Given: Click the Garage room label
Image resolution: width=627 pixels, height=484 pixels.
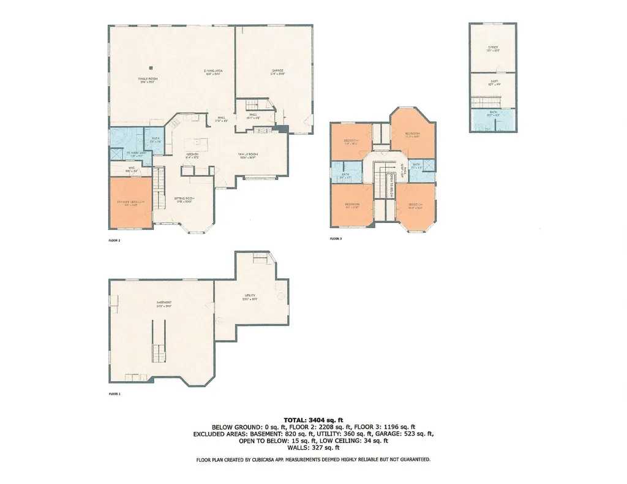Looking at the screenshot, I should click(x=278, y=71).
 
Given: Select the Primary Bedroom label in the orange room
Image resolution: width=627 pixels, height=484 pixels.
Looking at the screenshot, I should click(x=130, y=202).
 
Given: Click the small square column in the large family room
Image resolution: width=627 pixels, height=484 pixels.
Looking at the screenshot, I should click(x=151, y=67).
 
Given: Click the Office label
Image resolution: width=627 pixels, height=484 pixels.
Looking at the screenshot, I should click(x=492, y=47).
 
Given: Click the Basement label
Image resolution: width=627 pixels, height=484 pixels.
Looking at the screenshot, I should click(x=163, y=303).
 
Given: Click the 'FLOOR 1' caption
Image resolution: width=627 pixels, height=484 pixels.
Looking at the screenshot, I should click(x=115, y=394).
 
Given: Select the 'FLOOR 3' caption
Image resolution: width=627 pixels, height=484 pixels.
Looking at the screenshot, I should click(x=336, y=238).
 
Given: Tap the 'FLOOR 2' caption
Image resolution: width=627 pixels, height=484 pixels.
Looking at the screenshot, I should click(x=115, y=240).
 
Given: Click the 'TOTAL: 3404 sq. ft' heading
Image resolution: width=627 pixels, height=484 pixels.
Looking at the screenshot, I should click(x=313, y=419).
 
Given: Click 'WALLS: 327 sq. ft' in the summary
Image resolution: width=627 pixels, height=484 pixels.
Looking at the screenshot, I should click(x=313, y=448).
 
